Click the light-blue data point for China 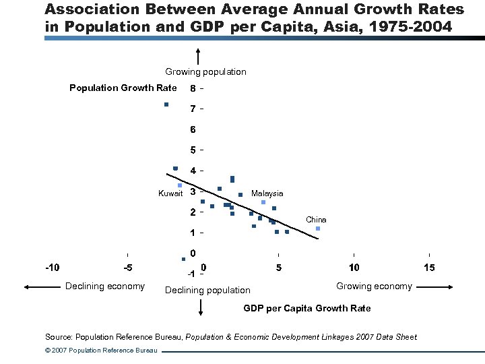318,229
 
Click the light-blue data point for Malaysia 263,202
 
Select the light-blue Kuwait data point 180,185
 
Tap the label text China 316,220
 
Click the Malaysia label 267,193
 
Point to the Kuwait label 170,193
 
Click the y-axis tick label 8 193,88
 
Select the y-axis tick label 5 193,150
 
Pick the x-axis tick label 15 429,268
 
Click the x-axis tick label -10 52,268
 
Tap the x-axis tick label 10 354,268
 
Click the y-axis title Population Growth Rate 123,88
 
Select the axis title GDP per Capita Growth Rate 306,308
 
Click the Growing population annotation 205,71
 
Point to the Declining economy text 104,286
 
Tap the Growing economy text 374,286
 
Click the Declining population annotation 207,290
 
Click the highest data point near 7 166,104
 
